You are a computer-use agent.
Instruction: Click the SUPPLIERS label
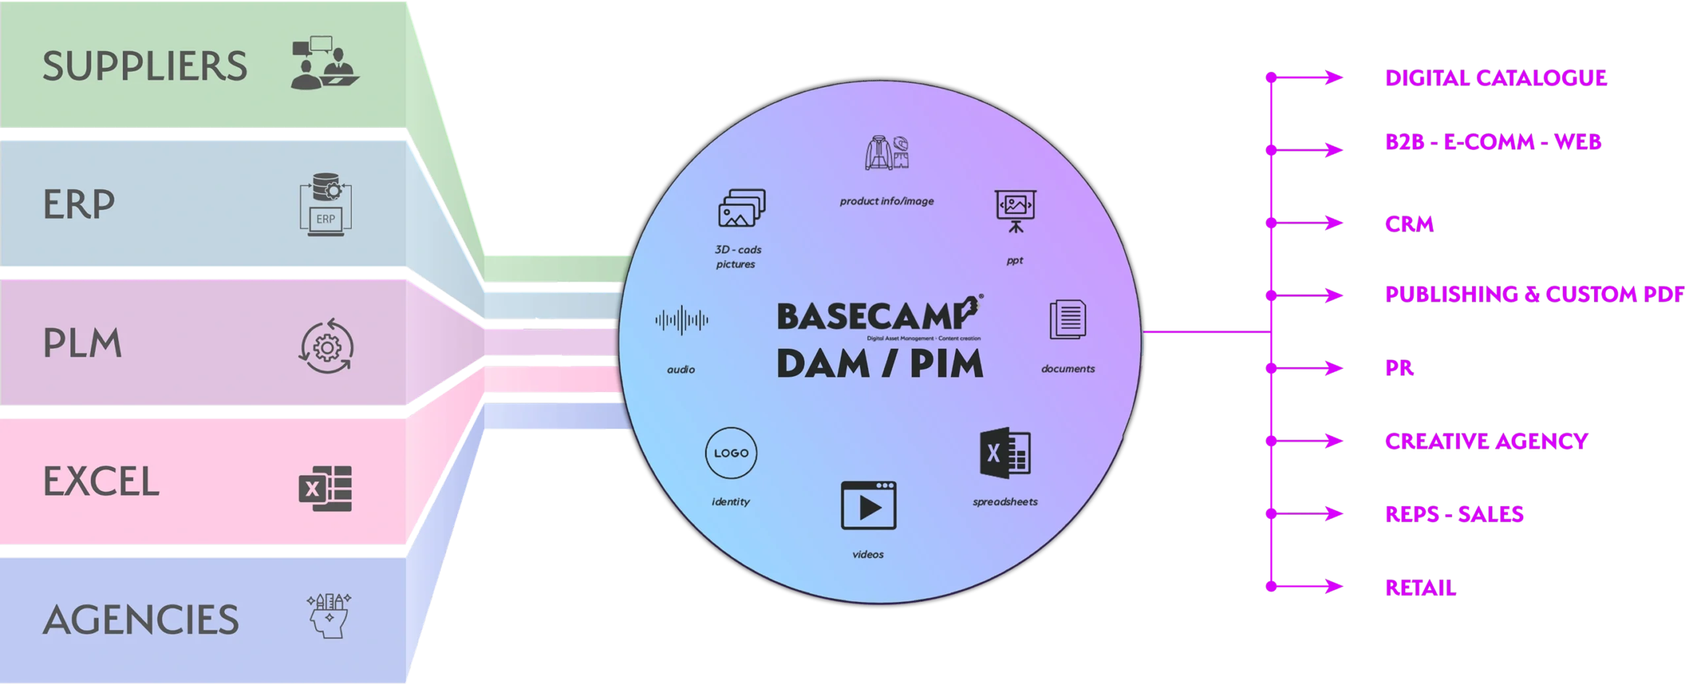click(x=145, y=66)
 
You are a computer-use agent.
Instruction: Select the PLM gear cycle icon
click(x=327, y=345)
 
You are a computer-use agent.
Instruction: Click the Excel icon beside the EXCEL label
click(x=325, y=488)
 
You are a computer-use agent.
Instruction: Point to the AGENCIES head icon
click(x=329, y=616)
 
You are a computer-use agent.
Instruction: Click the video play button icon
click(x=868, y=506)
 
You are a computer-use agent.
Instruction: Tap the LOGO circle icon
click(x=731, y=453)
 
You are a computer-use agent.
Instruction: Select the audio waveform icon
click(x=682, y=321)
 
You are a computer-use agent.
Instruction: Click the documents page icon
click(x=1068, y=321)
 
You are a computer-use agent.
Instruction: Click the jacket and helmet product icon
click(x=887, y=152)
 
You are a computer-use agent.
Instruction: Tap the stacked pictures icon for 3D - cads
click(x=741, y=208)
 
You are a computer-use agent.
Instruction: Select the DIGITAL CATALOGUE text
click(x=1495, y=78)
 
